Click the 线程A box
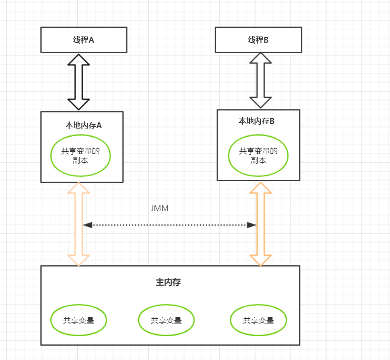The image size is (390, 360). coord(83,40)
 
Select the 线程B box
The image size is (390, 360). coord(258,40)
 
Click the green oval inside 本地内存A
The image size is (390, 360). coord(81,156)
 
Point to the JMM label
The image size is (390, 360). coord(159,208)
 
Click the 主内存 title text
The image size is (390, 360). coord(168,282)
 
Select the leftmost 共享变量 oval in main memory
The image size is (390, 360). coord(79,320)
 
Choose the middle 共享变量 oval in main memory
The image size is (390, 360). coord(166,320)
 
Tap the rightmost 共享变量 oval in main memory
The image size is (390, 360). coord(258,320)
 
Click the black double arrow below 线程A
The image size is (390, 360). coord(79,82)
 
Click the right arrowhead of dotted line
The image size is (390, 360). coord(252,225)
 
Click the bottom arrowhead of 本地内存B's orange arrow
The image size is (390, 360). coord(261,260)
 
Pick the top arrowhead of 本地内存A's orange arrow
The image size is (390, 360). coord(79,188)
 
